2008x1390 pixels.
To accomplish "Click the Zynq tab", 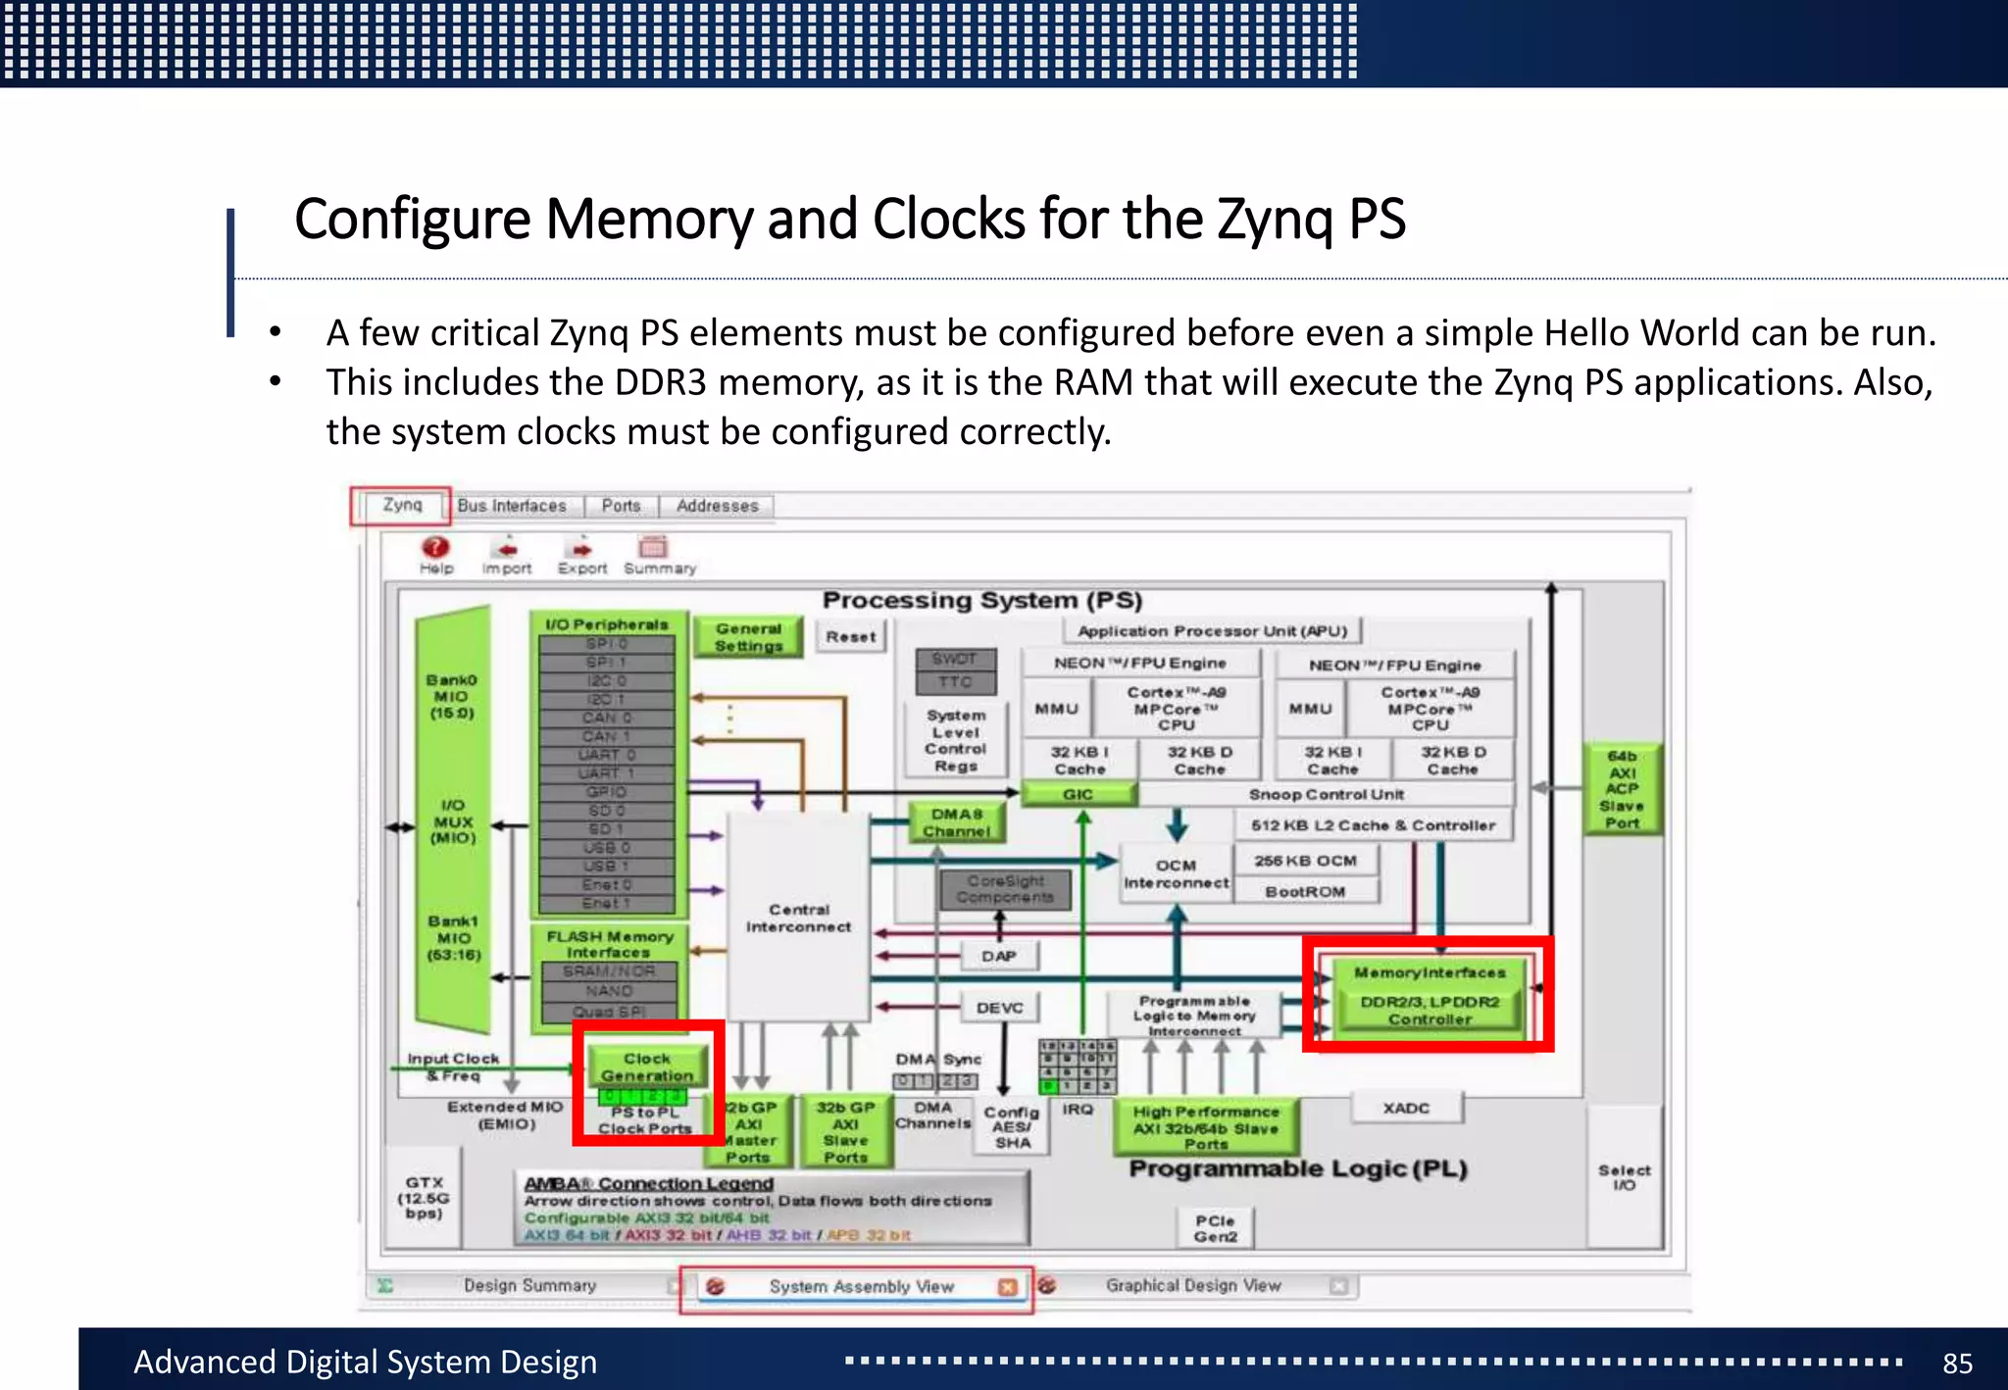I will [402, 505].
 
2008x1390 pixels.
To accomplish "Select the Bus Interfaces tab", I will [512, 506].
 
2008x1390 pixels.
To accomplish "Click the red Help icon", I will [435, 548].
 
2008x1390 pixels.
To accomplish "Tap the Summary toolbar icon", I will [653, 548].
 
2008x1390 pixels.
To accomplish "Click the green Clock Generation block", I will [647, 1067].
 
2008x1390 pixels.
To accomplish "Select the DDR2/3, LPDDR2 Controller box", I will [1429, 1010].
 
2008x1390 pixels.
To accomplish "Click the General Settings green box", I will [748, 637].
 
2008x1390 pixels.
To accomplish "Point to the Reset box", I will [851, 636].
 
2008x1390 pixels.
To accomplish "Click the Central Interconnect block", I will [798, 918].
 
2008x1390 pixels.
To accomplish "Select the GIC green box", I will [1079, 794].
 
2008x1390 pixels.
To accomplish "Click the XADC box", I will [1406, 1108].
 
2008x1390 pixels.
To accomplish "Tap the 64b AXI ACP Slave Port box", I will [1623, 788].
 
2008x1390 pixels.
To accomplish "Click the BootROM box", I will [1305, 891].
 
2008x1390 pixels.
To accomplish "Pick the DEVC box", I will [999, 1008].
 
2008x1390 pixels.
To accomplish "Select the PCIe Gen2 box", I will [1216, 1227].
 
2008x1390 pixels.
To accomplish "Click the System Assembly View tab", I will [860, 1286].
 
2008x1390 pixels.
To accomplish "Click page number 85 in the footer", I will [1957, 1363].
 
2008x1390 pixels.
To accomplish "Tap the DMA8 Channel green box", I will [956, 822].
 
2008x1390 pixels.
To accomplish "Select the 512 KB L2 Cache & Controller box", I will [1373, 825].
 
